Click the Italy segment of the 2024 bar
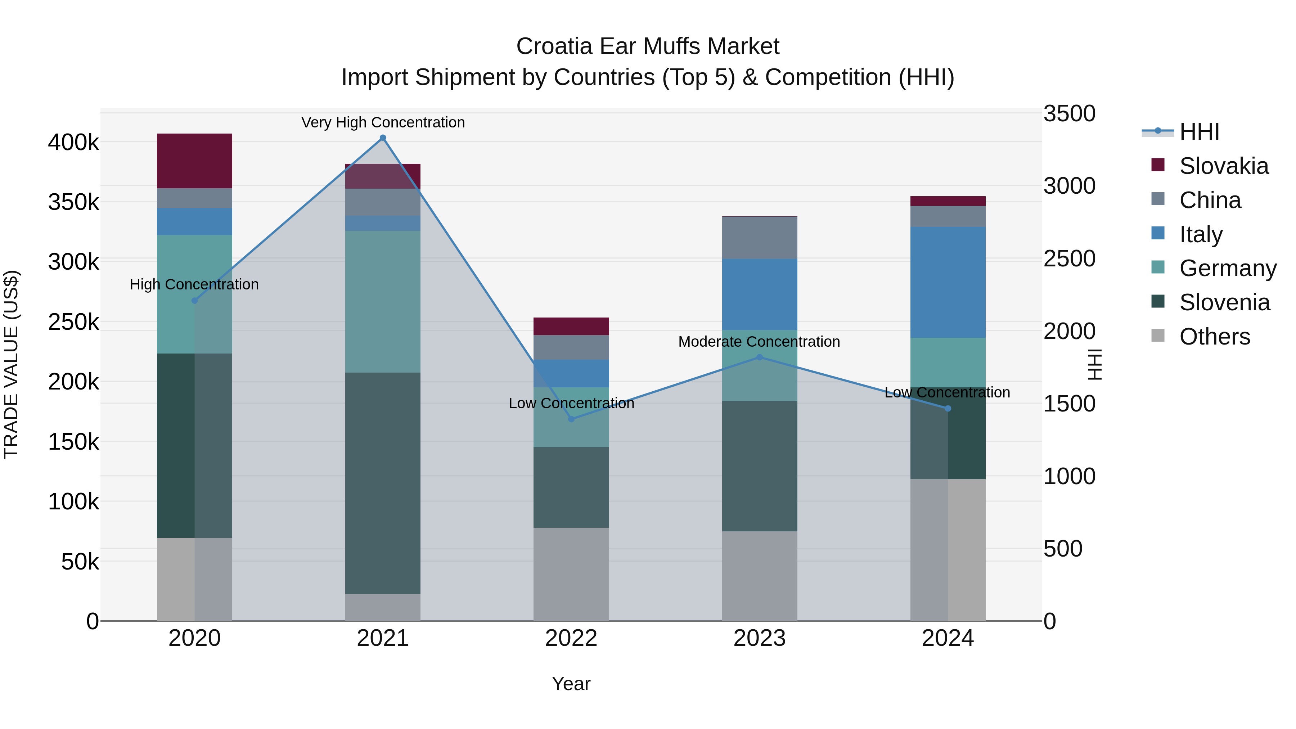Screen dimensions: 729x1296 (948, 282)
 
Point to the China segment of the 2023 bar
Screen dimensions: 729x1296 (759, 238)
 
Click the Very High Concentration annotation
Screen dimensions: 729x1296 (383, 122)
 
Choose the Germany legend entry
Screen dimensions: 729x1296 (1227, 268)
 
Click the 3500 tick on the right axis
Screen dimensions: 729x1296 (1068, 114)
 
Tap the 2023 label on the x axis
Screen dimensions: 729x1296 (759, 638)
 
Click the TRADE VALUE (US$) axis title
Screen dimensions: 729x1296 (11, 364)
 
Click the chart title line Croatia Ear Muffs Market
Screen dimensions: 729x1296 (648, 46)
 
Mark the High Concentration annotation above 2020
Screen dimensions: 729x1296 (194, 284)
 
